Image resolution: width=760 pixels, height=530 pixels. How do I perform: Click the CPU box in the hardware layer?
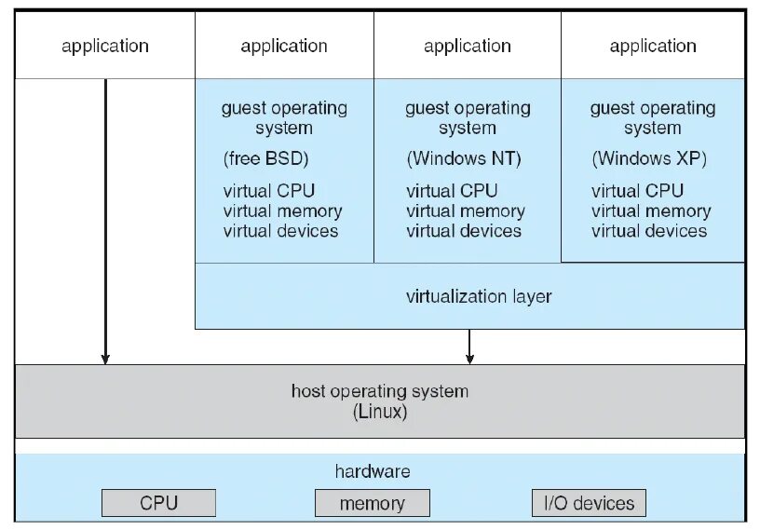(158, 503)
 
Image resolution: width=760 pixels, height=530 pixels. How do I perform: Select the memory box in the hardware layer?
(372, 503)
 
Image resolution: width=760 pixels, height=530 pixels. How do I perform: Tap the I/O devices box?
(588, 503)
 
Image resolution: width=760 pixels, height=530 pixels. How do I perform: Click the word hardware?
(372, 471)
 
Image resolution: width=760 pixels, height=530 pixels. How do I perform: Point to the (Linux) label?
(380, 412)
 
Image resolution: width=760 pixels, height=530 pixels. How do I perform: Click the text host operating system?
(380, 391)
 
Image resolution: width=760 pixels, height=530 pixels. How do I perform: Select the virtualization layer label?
(479, 297)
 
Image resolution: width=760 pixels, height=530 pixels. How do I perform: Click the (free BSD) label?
(265, 158)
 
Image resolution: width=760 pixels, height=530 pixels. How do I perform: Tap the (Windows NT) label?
(463, 158)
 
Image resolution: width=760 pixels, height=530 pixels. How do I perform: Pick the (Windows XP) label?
(649, 158)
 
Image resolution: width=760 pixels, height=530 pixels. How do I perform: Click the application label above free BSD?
(284, 46)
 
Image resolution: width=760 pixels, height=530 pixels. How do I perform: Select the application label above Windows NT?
(467, 46)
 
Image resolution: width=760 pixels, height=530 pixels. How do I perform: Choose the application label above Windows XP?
(653, 46)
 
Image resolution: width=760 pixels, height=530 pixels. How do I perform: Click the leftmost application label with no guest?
(105, 46)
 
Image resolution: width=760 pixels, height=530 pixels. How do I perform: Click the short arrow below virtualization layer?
(469, 347)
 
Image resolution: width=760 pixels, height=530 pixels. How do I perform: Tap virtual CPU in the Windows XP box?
(637, 191)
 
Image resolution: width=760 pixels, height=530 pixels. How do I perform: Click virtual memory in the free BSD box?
(282, 211)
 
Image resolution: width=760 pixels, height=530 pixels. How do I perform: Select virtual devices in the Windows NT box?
(464, 231)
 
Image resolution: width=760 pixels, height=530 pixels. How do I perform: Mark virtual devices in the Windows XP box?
(649, 231)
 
